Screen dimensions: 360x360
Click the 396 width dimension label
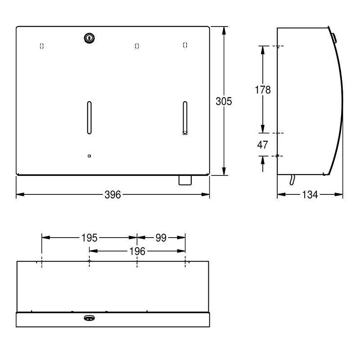(x=112, y=195)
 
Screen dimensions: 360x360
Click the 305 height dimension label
(x=224, y=101)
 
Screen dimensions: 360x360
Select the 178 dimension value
(x=263, y=90)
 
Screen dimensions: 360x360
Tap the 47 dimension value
(x=263, y=144)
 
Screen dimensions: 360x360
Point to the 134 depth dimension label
(x=310, y=195)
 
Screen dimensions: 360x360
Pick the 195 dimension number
(x=90, y=238)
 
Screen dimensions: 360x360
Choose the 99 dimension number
(x=161, y=238)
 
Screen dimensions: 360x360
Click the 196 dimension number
(x=137, y=251)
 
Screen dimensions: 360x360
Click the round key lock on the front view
(x=89, y=38)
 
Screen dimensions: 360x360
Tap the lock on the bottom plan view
(x=89, y=318)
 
